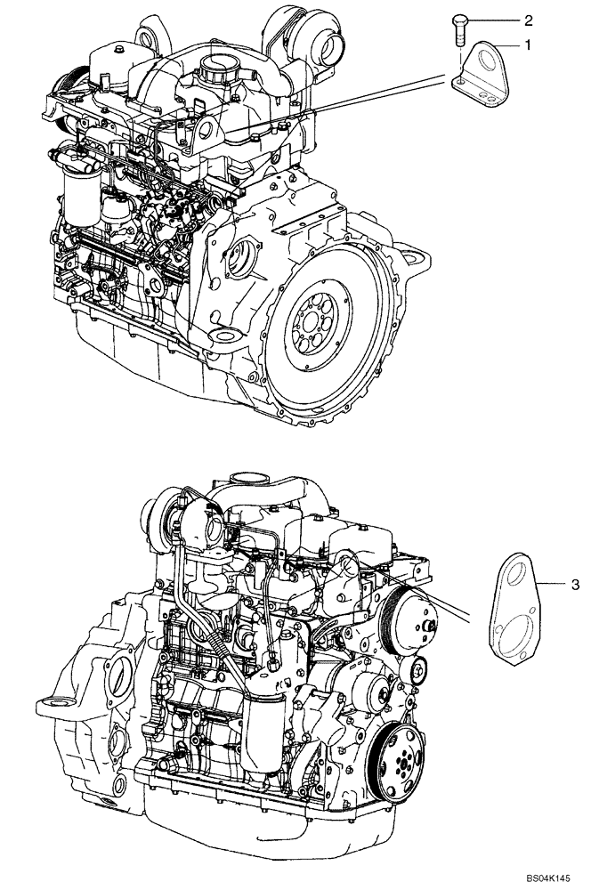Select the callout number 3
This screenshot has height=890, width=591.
pos(574,585)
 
